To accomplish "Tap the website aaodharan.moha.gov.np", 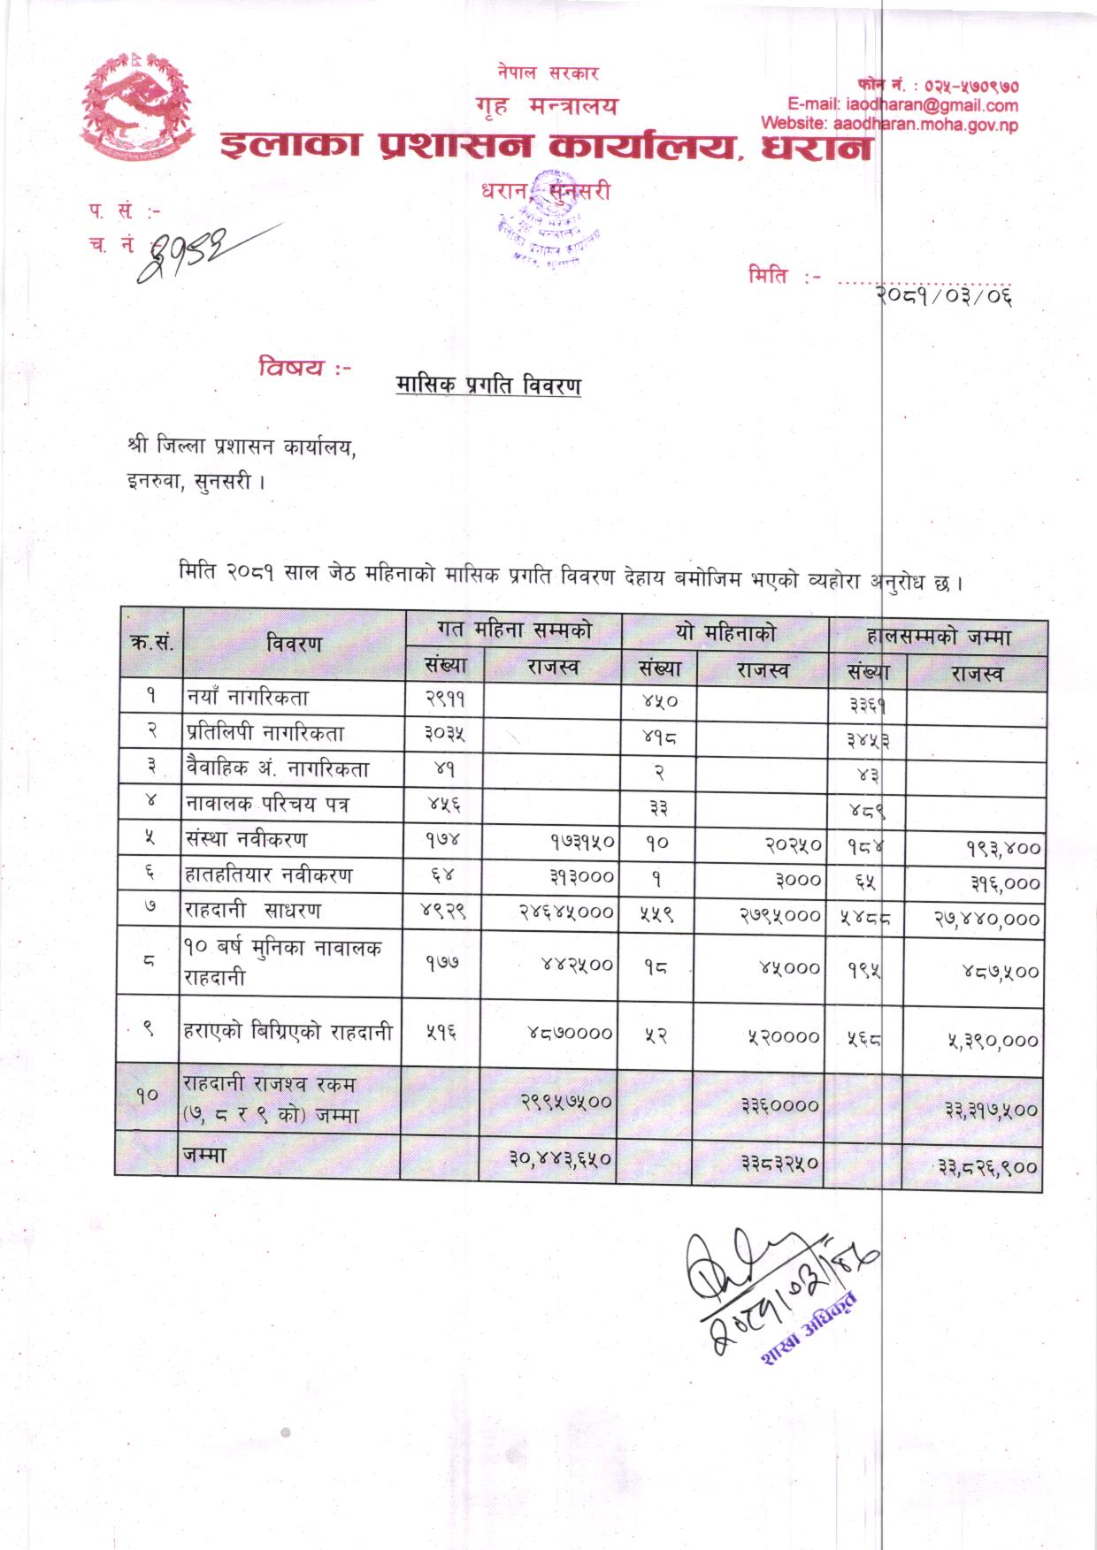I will (x=889, y=125).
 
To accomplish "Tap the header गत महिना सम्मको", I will (x=513, y=630).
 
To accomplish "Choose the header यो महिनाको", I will (x=725, y=632).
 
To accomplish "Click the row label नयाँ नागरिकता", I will (x=248, y=698).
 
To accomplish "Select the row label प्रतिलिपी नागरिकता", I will (x=265, y=733).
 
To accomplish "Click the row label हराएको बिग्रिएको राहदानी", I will (x=288, y=1031).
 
